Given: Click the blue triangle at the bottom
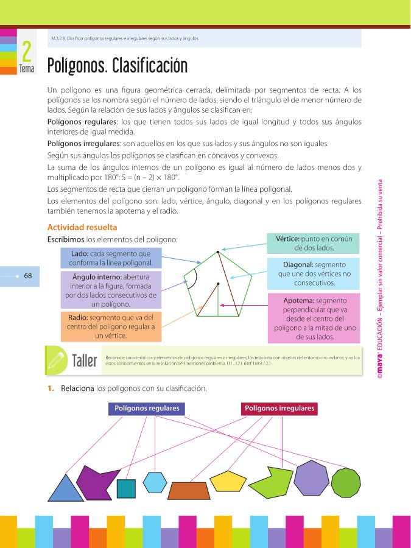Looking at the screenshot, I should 66,490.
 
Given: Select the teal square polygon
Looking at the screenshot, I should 125,488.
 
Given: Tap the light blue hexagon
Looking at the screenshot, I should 155,482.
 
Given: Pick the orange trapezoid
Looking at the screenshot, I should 189,490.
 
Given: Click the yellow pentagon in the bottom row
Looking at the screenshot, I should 227,480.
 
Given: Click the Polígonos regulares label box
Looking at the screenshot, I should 147,409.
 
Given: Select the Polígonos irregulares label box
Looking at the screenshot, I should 279,409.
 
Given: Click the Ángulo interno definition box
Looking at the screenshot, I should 110,290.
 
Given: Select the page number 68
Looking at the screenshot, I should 27,275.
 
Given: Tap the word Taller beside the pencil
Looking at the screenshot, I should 85,360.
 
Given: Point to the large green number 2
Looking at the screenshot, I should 26,52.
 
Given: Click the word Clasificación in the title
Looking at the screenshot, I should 150,66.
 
